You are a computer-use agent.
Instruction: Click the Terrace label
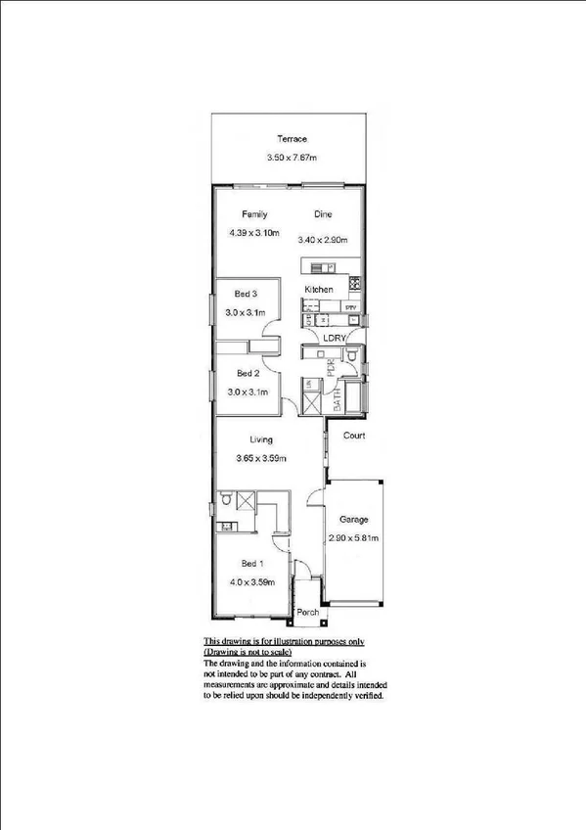point(292,139)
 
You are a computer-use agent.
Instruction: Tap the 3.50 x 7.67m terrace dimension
point(292,158)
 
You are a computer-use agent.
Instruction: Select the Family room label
point(255,214)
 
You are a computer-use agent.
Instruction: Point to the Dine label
point(324,214)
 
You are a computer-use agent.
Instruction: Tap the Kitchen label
point(319,290)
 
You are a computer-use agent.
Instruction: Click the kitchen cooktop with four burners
point(354,285)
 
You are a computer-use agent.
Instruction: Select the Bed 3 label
point(246,294)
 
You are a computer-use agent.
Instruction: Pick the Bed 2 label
point(248,373)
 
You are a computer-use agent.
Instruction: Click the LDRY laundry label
point(346,339)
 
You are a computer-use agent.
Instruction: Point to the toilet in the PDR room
point(353,358)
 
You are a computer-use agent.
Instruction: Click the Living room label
point(260,439)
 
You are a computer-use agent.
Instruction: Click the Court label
point(353,436)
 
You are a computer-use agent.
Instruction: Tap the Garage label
point(353,520)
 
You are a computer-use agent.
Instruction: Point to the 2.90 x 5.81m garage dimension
point(354,538)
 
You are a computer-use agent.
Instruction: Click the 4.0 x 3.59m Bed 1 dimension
point(252,582)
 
